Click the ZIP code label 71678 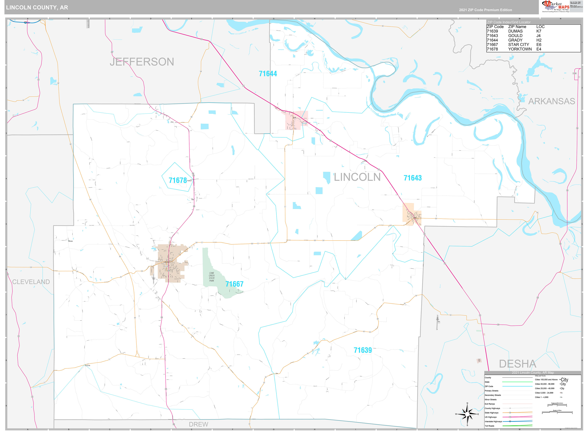(x=178, y=180)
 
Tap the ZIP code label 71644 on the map (x=268, y=74)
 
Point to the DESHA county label (x=517, y=364)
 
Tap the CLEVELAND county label (x=31, y=282)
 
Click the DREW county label (x=198, y=424)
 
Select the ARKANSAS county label (x=552, y=101)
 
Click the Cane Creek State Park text (x=212, y=277)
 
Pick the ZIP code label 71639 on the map (x=363, y=350)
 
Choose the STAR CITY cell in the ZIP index (x=518, y=45)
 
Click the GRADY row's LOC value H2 (x=539, y=40)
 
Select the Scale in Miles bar (x=557, y=413)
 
